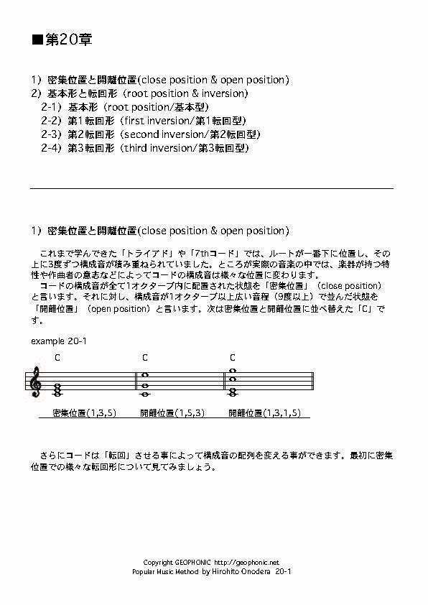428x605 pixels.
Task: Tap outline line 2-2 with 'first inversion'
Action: pos(144,121)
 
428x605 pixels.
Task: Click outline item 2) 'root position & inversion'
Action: pos(140,93)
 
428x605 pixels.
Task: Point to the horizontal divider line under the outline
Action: pos(212,188)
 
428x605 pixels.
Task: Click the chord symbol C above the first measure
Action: pos(57,357)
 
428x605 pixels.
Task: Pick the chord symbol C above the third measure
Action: pos(233,357)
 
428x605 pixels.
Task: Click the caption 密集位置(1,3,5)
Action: pos(85,413)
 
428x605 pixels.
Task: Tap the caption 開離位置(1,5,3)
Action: pos(172,413)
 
